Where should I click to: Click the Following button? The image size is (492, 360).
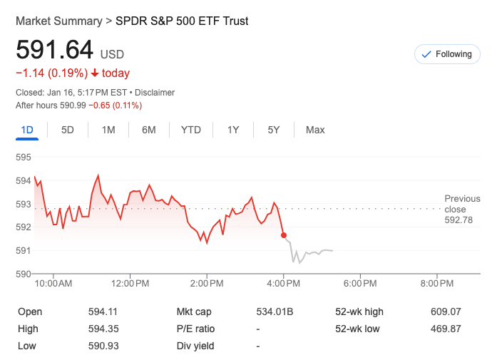pyautogui.click(x=447, y=54)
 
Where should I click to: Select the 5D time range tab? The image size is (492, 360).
pyautogui.click(x=68, y=130)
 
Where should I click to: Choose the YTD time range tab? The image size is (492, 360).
pyautogui.click(x=191, y=130)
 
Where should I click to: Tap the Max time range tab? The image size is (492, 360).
pyautogui.click(x=315, y=130)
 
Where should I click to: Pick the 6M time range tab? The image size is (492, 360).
pyautogui.click(x=149, y=130)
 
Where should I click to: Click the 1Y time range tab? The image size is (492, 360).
pyautogui.click(x=233, y=130)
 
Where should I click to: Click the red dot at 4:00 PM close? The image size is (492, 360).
pyautogui.click(x=284, y=235)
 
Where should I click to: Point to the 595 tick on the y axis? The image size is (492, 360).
pyautogui.click(x=24, y=158)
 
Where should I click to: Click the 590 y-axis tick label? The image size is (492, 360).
pyautogui.click(x=24, y=274)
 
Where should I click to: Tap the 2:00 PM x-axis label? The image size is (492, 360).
pyautogui.click(x=207, y=284)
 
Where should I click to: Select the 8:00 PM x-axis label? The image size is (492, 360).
pyautogui.click(x=436, y=284)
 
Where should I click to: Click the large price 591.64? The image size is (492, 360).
pyautogui.click(x=55, y=50)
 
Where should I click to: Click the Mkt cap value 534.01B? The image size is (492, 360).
pyautogui.click(x=275, y=312)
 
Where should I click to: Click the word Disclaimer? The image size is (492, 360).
pyautogui.click(x=155, y=93)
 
